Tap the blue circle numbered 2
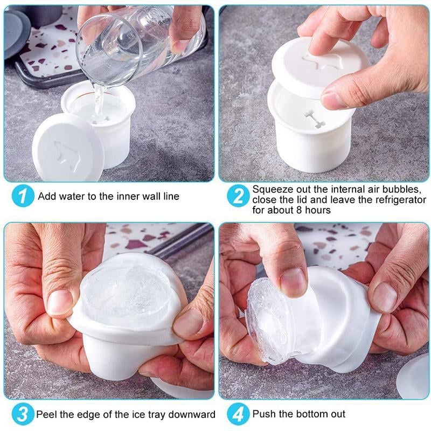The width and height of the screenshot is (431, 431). coord(238,196)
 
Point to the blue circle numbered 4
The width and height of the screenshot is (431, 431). coord(238,414)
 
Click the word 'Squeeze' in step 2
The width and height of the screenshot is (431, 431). coord(271,190)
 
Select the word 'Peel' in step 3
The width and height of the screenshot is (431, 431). coord(46,414)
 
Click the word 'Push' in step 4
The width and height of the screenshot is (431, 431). coord(263,414)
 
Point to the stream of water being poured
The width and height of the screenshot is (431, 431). coord(99,100)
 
